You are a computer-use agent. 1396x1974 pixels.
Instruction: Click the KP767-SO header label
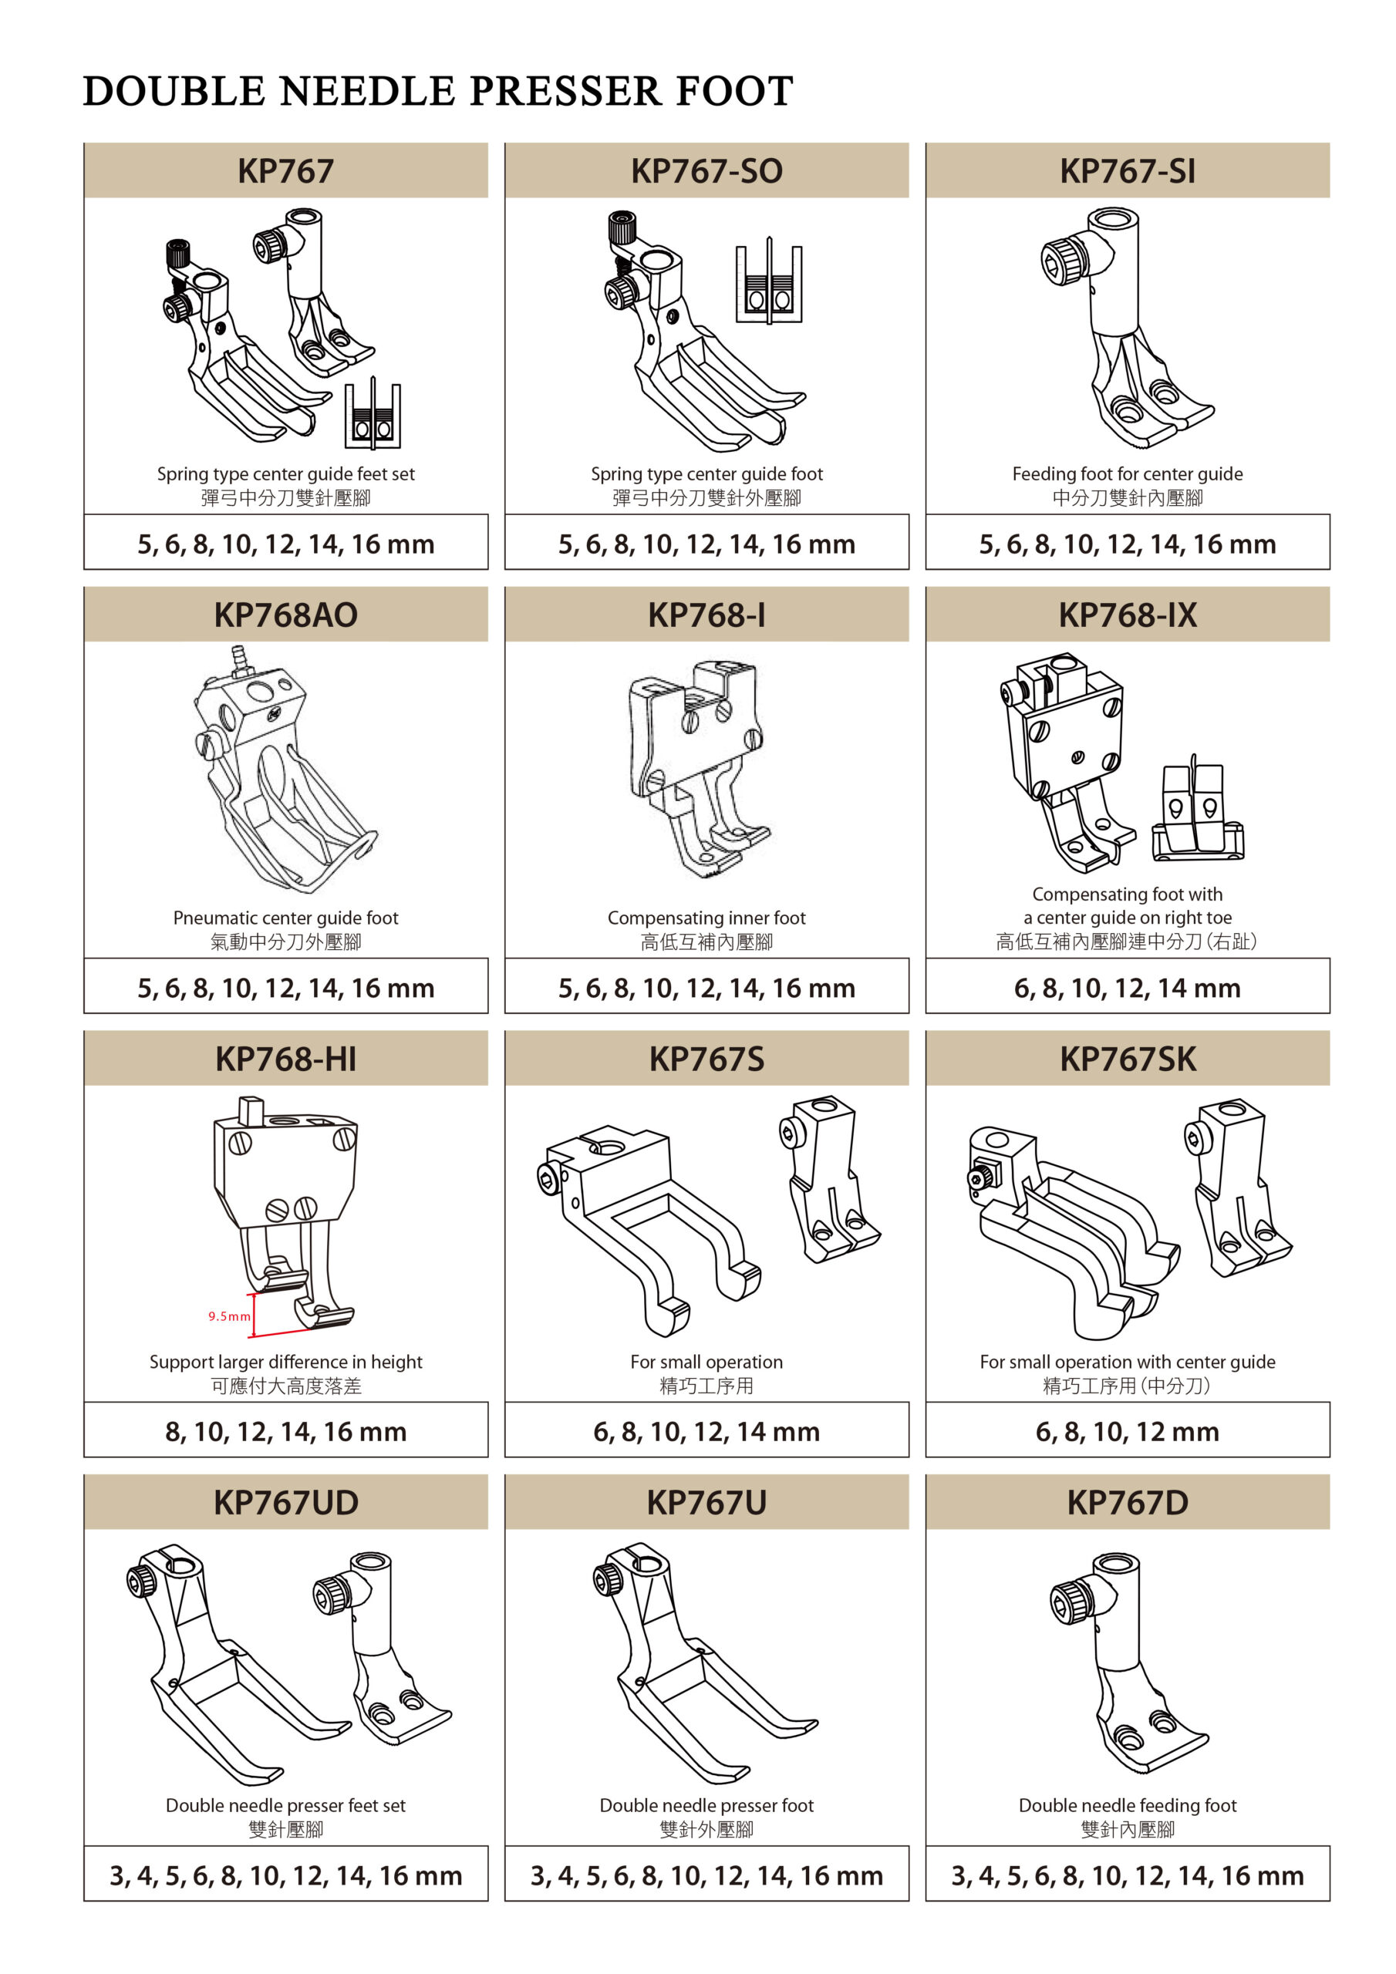(x=706, y=171)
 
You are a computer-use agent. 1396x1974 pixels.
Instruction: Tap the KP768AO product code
(x=285, y=615)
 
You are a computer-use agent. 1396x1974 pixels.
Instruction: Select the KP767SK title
(x=1127, y=1059)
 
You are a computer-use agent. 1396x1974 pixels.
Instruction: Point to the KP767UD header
(x=285, y=1503)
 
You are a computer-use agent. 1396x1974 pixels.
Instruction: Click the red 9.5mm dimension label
(x=229, y=1316)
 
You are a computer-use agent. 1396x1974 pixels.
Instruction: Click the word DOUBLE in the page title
(x=174, y=91)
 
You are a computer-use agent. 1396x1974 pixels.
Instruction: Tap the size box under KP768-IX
(x=1127, y=985)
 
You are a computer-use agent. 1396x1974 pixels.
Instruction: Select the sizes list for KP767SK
(x=1127, y=1431)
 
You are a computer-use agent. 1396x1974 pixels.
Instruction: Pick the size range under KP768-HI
(x=285, y=1431)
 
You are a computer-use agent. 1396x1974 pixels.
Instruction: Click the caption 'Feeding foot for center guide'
(x=1127, y=473)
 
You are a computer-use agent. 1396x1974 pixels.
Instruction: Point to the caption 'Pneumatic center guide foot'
(x=285, y=918)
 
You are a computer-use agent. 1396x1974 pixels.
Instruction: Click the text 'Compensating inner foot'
(x=706, y=918)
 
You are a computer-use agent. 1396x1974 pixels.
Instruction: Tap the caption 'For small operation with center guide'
(x=1127, y=1362)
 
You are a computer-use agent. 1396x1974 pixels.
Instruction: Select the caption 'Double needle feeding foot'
(x=1127, y=1805)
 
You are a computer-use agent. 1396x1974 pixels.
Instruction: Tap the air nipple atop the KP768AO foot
(x=239, y=661)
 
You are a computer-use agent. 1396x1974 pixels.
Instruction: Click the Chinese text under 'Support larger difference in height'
(x=285, y=1386)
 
